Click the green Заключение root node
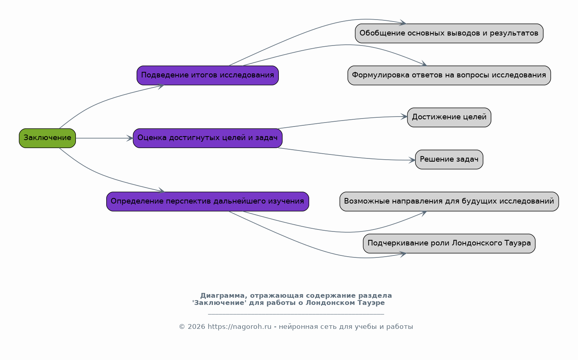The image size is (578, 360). pos(47,138)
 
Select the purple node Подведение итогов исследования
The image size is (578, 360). pos(207,75)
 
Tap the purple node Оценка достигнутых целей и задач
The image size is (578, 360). pos(207,138)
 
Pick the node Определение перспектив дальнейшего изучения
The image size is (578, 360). pos(207,202)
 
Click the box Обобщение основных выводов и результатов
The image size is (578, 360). pos(449,34)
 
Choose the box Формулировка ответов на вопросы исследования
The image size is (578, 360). pos(449,75)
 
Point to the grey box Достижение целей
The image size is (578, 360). pos(449,117)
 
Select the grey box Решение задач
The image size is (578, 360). pos(449,160)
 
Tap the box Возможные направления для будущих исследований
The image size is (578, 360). pos(449,202)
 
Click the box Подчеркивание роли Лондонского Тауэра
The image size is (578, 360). pos(449,243)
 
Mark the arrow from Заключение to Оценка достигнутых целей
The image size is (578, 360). pos(104,138)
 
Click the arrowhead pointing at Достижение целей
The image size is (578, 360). pos(404,117)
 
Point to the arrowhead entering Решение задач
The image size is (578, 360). pos(412,160)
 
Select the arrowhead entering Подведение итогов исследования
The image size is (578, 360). pos(161,86)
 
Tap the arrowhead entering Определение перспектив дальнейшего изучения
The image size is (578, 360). pos(161,191)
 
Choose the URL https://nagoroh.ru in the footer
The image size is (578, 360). pos(239,327)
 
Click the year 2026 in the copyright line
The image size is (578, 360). pos(197,327)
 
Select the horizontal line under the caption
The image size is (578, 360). pos(296,315)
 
